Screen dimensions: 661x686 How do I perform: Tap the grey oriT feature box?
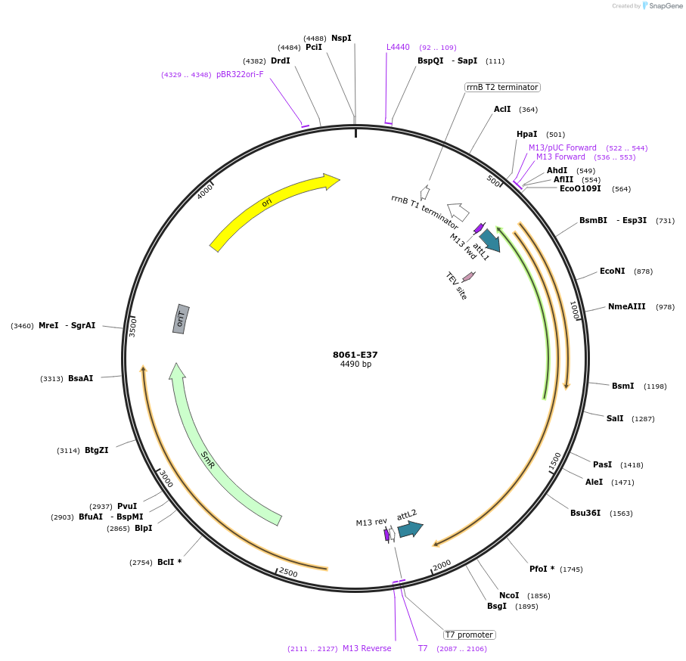pos(180,318)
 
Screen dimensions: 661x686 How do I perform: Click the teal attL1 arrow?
pos(489,240)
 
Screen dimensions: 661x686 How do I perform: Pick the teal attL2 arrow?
pos(410,529)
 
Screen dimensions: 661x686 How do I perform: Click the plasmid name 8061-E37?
pos(355,355)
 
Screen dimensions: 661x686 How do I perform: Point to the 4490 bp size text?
pos(355,365)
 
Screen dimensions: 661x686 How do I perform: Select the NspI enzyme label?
pos(341,38)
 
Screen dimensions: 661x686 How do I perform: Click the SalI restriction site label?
pos(615,418)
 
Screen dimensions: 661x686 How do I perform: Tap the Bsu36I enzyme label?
pos(585,513)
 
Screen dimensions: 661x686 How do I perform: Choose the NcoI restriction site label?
pos(509,595)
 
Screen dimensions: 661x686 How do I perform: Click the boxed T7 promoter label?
pos(469,635)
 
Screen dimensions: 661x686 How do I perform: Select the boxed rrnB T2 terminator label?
pos(501,87)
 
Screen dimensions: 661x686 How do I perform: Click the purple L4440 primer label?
pos(398,47)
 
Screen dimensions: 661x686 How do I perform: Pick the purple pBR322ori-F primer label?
pos(240,74)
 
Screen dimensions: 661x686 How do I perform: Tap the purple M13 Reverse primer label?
pos(367,648)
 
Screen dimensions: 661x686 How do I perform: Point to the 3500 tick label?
pos(133,327)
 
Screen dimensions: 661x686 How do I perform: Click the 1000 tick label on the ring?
pos(574,309)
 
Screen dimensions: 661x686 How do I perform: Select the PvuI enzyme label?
pos(127,506)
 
